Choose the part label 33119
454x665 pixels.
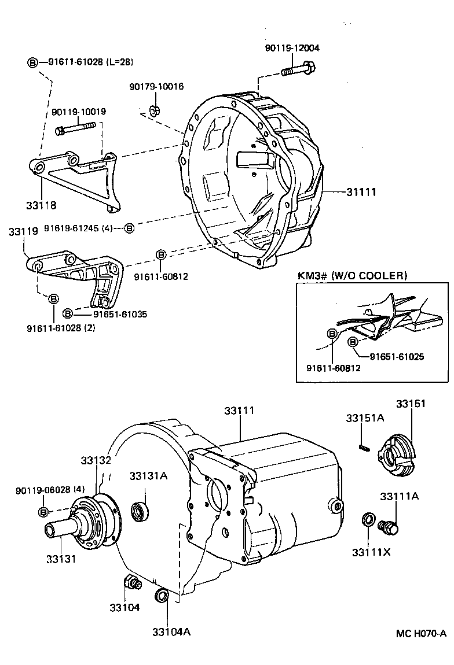24,231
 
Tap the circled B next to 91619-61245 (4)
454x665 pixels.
130,228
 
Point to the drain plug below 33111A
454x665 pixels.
390,527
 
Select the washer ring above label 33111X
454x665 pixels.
367,519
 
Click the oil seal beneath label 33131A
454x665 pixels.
140,511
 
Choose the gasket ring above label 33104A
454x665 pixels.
162,596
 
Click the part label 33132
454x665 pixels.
96,460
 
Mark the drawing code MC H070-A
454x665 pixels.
421,633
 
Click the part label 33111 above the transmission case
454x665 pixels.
239,411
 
